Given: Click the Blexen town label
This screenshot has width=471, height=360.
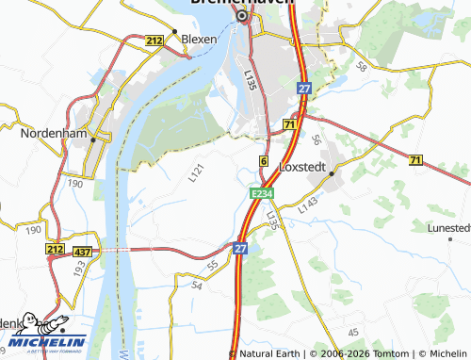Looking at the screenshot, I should [199, 40].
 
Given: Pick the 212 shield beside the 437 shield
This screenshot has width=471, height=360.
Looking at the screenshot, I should [54, 250].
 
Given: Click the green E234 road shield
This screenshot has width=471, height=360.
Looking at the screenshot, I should [262, 192].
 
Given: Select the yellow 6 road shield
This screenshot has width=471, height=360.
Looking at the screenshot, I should [264, 162].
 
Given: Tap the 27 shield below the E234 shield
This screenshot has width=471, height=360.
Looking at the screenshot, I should [240, 247].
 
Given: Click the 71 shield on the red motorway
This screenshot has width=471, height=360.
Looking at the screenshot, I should [290, 124].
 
